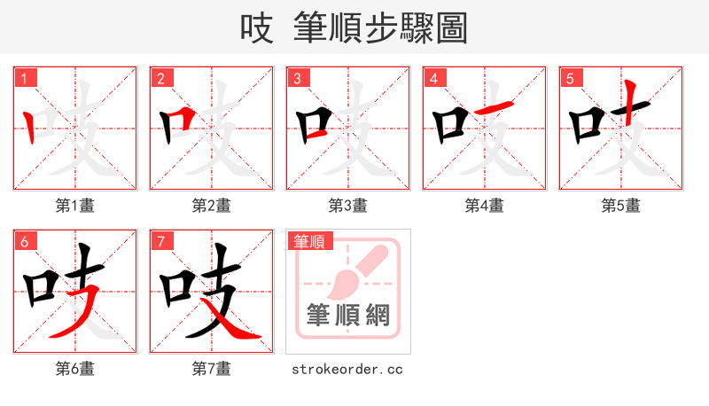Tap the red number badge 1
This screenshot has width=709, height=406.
tap(25, 79)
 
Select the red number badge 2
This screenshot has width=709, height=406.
tap(161, 79)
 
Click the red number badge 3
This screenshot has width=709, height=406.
tap(298, 79)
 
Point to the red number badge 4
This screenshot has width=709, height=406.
tap(434, 79)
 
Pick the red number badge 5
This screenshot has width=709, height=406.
tap(571, 79)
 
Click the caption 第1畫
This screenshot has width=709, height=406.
tap(75, 206)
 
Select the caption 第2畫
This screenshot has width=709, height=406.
tap(212, 206)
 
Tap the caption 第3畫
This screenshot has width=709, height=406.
tap(348, 206)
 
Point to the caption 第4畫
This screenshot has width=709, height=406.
tap(485, 206)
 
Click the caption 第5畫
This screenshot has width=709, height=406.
tap(621, 206)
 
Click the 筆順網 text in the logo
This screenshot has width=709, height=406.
tap(348, 316)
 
